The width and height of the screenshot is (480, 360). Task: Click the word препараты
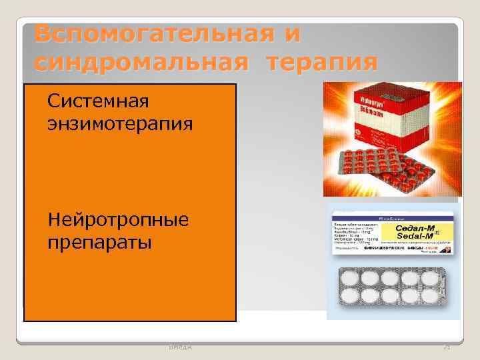[99, 241]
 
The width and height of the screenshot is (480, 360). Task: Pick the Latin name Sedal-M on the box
[415, 237]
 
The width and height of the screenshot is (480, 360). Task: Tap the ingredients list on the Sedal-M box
[356, 235]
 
